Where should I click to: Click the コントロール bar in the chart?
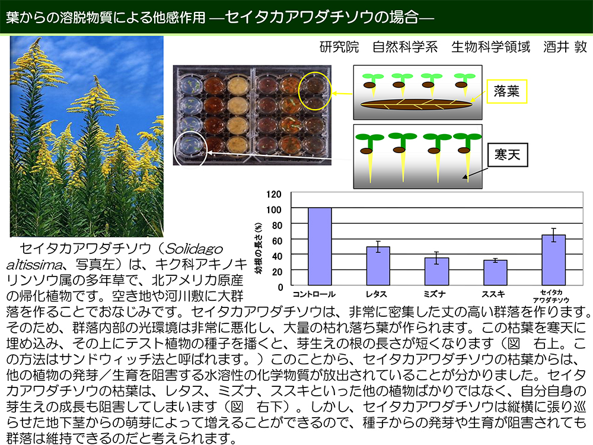click(x=320, y=246)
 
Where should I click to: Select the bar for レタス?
click(x=378, y=266)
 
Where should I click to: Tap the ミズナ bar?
click(x=436, y=271)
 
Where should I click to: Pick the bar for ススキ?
click(x=495, y=272)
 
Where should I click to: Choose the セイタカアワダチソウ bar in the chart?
click(x=554, y=260)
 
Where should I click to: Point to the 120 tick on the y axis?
click(x=274, y=194)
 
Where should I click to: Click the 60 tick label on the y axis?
click(x=277, y=241)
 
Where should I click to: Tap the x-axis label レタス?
click(x=376, y=294)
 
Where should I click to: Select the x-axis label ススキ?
click(x=493, y=294)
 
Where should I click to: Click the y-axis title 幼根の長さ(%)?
click(x=259, y=248)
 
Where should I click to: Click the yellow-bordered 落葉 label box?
click(x=506, y=91)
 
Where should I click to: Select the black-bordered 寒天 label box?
click(x=507, y=154)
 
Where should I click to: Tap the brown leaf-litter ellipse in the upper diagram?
click(x=416, y=104)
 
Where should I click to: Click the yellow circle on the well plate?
click(x=315, y=91)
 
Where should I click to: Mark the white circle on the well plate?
click(x=190, y=149)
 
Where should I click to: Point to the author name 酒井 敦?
click(x=565, y=46)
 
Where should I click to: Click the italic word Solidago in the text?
click(x=194, y=249)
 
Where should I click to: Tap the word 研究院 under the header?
click(x=339, y=46)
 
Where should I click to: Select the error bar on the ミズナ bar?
click(x=436, y=258)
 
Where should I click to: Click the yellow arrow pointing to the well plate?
click(x=342, y=94)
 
